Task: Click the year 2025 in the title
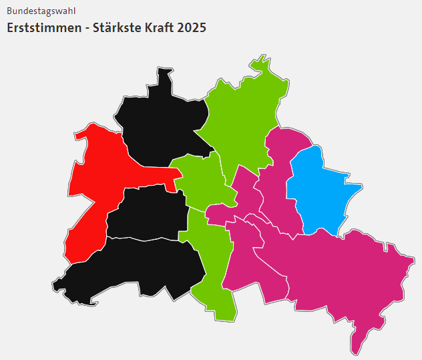(193, 28)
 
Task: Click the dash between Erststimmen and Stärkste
(82, 29)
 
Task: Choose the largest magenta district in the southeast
(341, 267)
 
